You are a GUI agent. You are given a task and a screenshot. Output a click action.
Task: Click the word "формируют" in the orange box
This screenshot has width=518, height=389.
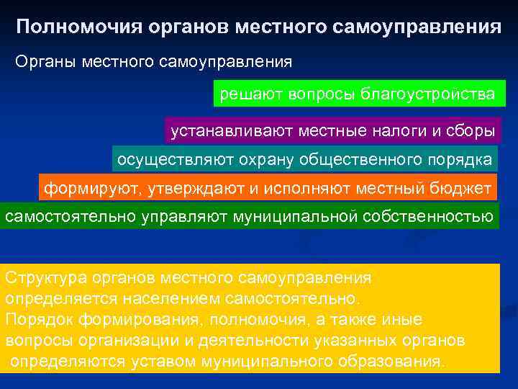(92, 189)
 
